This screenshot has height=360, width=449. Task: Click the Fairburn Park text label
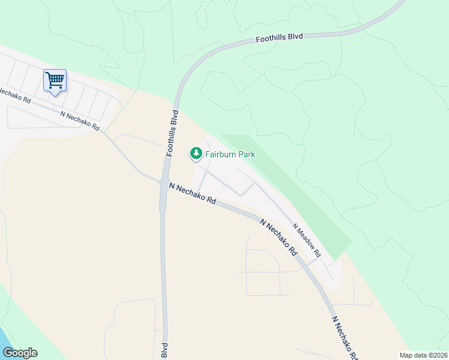[230, 154]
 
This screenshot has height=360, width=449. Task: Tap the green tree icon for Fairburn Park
[196, 154]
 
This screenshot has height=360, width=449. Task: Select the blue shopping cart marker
[55, 80]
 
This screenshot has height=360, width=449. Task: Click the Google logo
[19, 353]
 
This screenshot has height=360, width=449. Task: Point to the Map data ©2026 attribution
[424, 355]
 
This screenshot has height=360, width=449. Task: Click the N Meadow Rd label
[307, 241]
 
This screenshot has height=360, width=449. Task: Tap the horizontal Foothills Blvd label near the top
[280, 38]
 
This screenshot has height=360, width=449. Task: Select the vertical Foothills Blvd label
[173, 133]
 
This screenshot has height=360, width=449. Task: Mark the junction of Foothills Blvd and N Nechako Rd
[162, 183]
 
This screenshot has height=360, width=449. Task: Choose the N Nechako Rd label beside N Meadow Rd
[279, 238]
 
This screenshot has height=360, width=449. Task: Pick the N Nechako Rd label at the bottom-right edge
[346, 337]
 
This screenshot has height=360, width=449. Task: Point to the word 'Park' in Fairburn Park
[246, 154]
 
